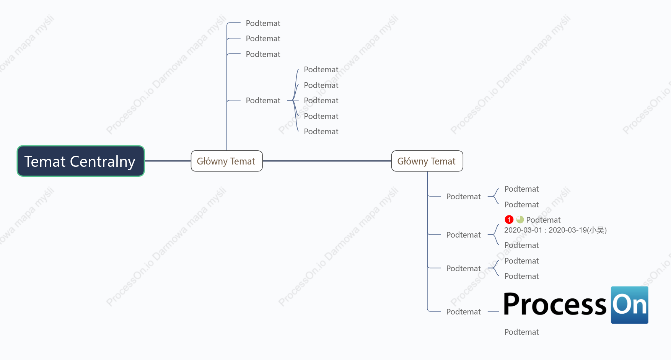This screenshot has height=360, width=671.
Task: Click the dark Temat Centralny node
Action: point(81,161)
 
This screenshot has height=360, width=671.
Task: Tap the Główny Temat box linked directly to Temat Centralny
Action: point(226,161)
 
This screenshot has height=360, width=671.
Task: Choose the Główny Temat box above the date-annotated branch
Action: point(427,161)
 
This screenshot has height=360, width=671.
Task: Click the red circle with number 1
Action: point(509,220)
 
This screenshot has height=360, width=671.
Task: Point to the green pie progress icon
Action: point(520,220)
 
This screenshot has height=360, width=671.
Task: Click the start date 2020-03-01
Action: point(523,230)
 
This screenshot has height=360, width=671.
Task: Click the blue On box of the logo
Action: point(629,305)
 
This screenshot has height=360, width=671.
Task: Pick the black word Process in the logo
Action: point(555,304)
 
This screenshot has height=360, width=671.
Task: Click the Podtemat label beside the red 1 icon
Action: point(543,220)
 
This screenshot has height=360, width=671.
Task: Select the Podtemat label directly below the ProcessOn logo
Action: point(521,332)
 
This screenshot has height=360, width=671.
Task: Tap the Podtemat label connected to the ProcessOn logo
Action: point(463,312)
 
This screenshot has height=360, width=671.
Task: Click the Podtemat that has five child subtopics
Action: point(263,101)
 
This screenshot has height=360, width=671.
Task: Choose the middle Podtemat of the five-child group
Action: point(321,101)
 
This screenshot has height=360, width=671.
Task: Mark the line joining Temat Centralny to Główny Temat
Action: point(168,161)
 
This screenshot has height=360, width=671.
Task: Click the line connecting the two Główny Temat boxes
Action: point(327,161)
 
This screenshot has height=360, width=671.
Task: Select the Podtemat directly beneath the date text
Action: point(521,245)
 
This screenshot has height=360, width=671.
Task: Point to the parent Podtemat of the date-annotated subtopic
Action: point(463,235)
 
